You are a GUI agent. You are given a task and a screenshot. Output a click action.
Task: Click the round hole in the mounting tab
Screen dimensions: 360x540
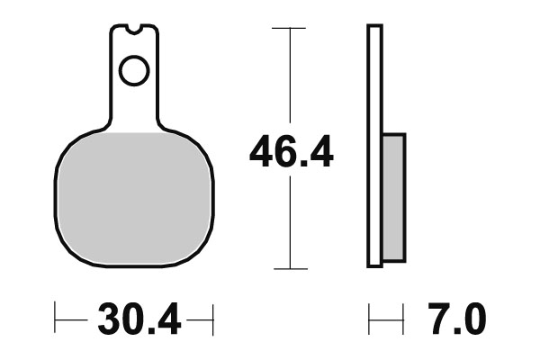tap(134, 70)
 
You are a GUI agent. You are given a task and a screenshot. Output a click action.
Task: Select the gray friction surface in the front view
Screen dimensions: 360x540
tap(133, 198)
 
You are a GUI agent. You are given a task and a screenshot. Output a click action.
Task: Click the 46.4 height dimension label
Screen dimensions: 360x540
tap(291, 154)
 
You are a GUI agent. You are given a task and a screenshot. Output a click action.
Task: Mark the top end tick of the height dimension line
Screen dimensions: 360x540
tap(290, 29)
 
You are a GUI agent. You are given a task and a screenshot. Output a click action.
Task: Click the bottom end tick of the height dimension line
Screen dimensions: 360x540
tap(290, 268)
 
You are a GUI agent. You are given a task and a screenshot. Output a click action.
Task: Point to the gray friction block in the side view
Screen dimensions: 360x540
tap(393, 197)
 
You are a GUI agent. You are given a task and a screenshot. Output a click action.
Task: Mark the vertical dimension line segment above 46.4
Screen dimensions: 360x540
tap(290, 81)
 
